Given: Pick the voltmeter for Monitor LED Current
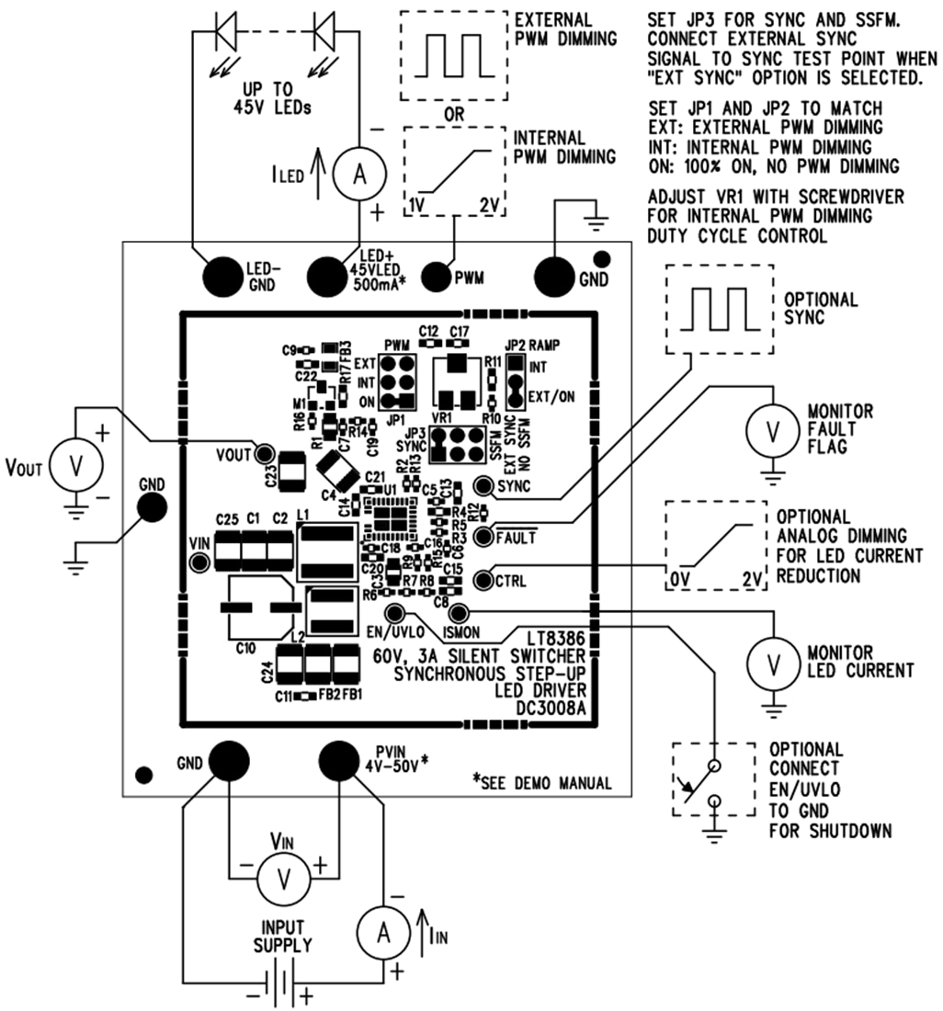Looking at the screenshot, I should tap(775, 661).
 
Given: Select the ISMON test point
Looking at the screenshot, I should tap(459, 613).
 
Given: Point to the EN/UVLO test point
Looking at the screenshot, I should tap(394, 613).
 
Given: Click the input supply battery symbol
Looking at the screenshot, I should tap(278, 993).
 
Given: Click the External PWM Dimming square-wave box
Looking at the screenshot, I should tap(454, 58).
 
